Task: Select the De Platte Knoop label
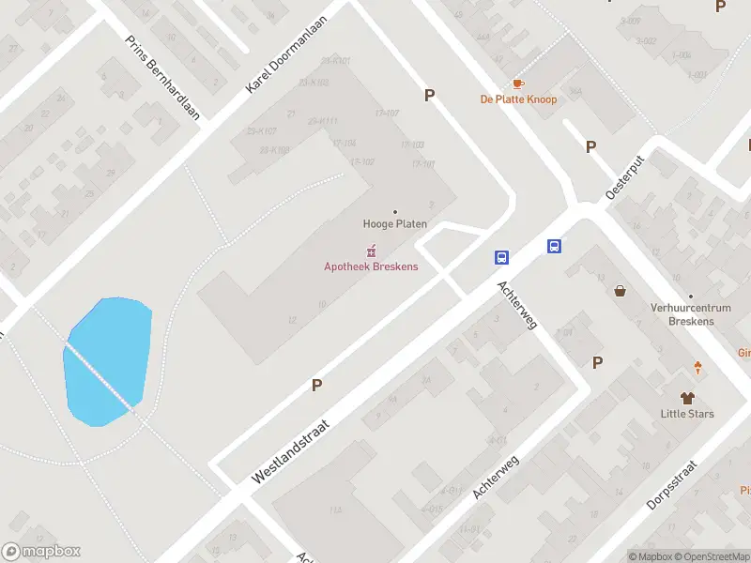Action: pyautogui.click(x=518, y=99)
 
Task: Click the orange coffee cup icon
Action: pyautogui.click(x=518, y=84)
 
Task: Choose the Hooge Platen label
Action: pyautogui.click(x=395, y=224)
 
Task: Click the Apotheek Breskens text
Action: pyautogui.click(x=371, y=266)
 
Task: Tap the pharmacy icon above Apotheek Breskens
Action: pyautogui.click(x=371, y=251)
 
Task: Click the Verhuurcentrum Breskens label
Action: pyautogui.click(x=682, y=314)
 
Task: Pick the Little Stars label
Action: pyautogui.click(x=687, y=414)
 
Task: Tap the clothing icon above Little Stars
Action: pyautogui.click(x=687, y=398)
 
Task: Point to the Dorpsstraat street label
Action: pyautogui.click(x=672, y=485)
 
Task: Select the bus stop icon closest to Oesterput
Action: pyautogui.click(x=555, y=247)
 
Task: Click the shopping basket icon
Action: pyautogui.click(x=621, y=291)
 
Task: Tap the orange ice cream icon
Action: pyautogui.click(x=697, y=368)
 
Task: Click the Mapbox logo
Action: pyautogui.click(x=41, y=552)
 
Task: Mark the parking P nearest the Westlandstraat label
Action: pyautogui.click(x=316, y=385)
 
